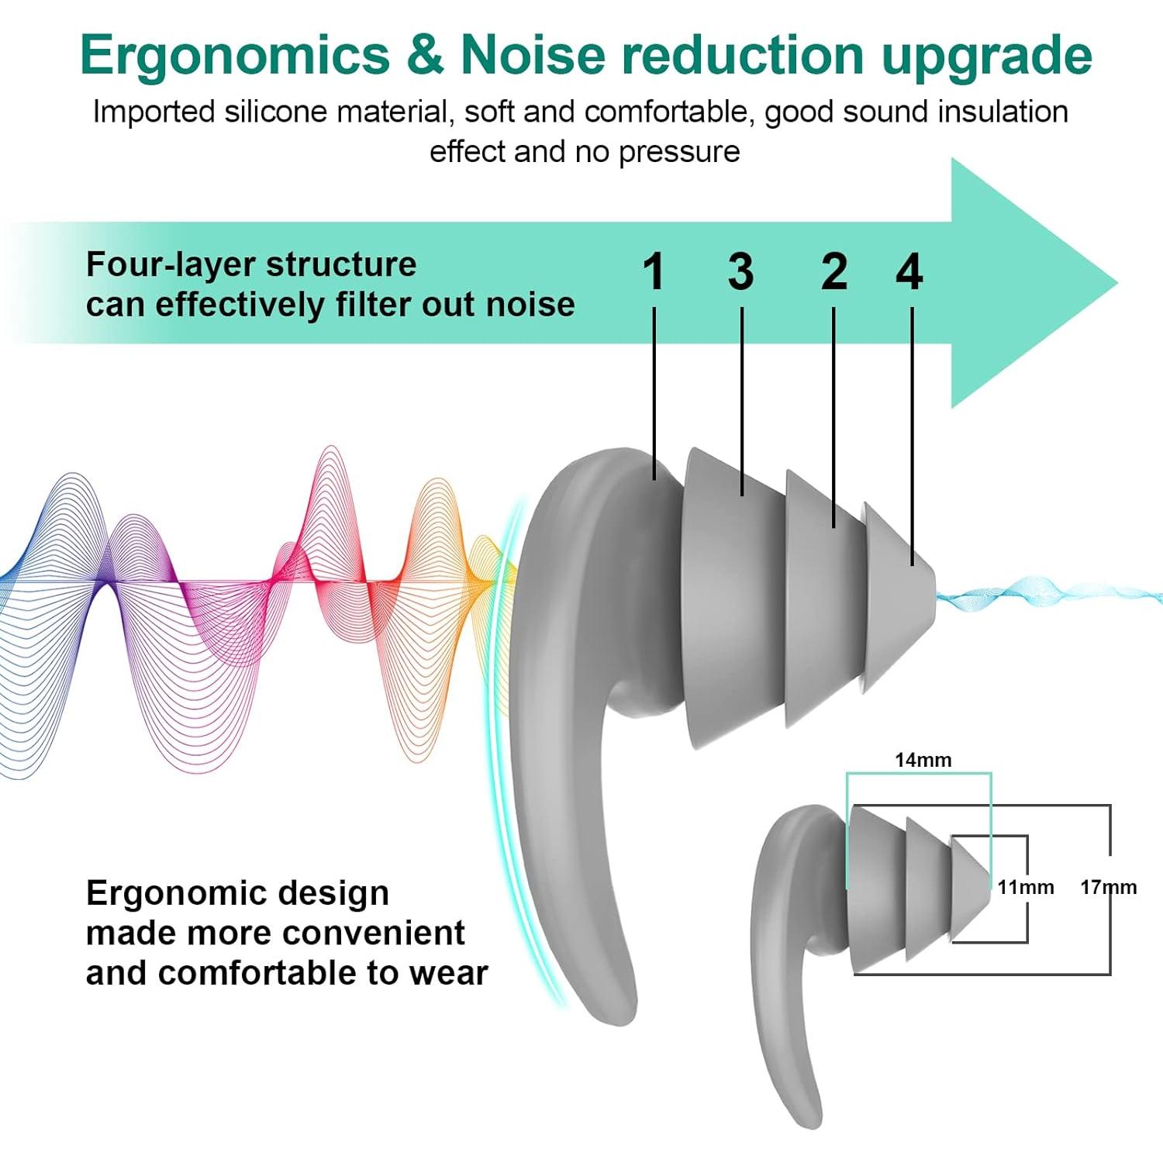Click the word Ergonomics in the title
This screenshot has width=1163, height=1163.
[234, 57]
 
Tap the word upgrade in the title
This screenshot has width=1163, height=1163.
[987, 57]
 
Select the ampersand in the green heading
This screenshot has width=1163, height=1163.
[425, 54]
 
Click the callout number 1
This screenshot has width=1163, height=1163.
[654, 271]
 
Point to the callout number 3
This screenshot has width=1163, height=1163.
[741, 271]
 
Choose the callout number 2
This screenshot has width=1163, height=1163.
[834, 271]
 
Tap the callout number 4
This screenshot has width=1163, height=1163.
[910, 271]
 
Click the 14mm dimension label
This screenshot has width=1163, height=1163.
[923, 760]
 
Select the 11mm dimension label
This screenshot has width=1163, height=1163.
[1026, 887]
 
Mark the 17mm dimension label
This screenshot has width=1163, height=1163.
[1109, 887]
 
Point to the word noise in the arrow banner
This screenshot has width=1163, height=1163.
[530, 305]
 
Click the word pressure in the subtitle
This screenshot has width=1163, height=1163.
[679, 152]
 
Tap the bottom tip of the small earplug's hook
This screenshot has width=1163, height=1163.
[809, 1124]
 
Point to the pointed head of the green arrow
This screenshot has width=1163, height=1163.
[1117, 283]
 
